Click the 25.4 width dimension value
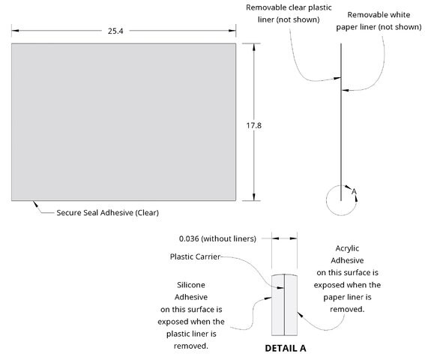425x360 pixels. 115,31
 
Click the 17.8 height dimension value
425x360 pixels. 253,125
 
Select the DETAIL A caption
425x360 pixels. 286,348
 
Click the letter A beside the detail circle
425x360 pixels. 354,191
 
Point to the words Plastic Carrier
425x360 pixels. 195,256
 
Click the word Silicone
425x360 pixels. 191,285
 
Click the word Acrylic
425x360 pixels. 347,248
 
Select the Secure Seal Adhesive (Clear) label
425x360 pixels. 108,212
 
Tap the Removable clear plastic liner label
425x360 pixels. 289,13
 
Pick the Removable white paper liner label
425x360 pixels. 379,21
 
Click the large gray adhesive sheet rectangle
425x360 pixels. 124,122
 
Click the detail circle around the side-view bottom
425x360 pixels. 327,201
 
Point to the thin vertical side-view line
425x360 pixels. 341,122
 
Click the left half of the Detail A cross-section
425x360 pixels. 278,305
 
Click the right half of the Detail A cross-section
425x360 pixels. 291,305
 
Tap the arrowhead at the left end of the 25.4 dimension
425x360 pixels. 15,31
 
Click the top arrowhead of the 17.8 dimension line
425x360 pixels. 253,47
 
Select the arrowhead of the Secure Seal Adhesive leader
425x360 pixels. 35,204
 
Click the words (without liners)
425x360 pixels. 229,238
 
